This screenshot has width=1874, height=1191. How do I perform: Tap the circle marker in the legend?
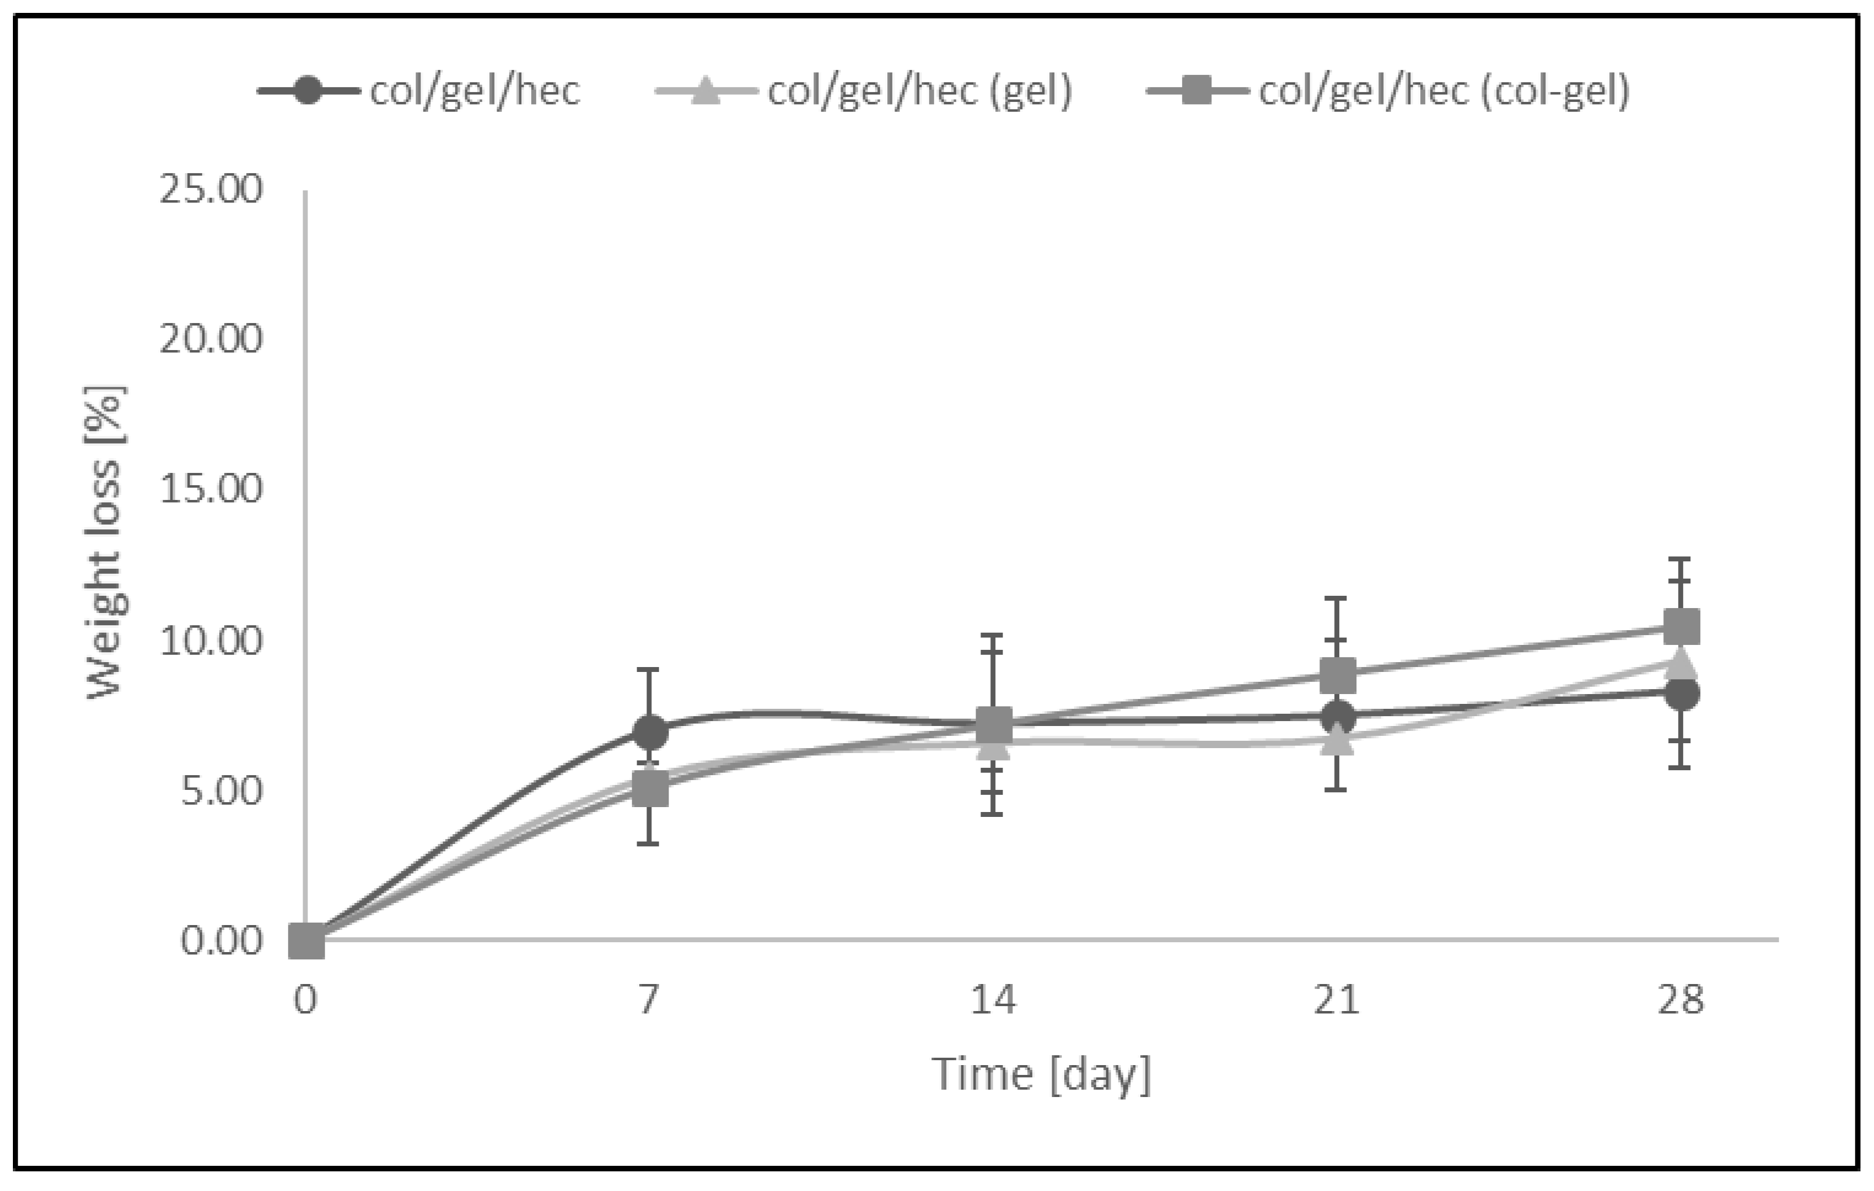coord(308,91)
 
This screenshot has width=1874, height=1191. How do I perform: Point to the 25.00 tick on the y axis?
coord(211,189)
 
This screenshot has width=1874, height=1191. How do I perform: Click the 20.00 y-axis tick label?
coord(211,340)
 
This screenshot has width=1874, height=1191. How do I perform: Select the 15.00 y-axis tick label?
coord(211,490)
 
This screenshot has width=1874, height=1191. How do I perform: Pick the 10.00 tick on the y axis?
coord(211,640)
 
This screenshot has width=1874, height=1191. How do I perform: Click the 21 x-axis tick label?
coord(1336,999)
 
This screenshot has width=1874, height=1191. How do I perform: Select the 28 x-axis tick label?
coord(1680,999)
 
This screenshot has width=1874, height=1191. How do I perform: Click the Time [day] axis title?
coord(1041,1075)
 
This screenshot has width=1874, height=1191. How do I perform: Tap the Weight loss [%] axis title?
coord(106,542)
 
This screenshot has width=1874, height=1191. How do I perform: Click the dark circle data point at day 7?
coord(650,732)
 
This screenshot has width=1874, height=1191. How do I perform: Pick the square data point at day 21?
coord(1337,675)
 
